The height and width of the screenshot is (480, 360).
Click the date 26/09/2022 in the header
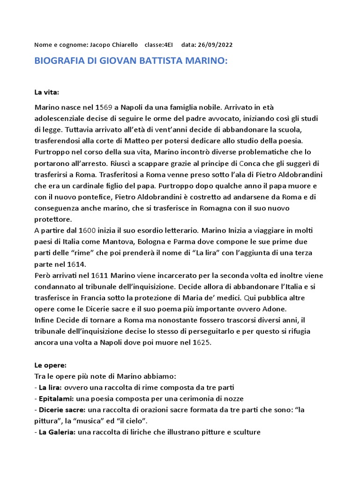[x=214, y=45]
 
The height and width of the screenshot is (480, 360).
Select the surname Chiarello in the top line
[x=123, y=45]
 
